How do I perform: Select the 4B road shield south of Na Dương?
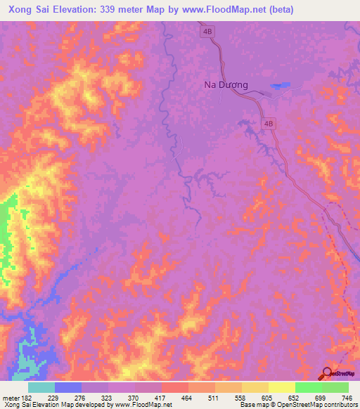(269, 124)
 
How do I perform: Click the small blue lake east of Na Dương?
(281, 86)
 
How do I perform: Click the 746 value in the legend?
(347, 398)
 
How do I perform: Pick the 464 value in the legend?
(188, 398)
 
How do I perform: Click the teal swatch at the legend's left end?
(41, 387)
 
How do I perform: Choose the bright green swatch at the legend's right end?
(335, 387)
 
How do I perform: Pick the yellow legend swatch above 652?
(281, 387)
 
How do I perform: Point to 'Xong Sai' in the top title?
(26, 9)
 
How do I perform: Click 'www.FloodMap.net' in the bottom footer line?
(141, 405)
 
